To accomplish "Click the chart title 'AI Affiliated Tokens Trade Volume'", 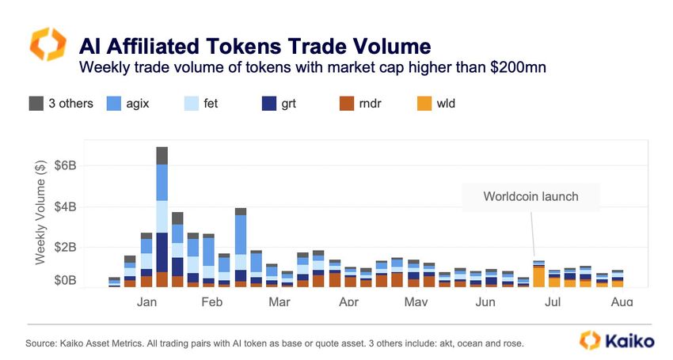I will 256,44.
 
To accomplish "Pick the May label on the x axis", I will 416,301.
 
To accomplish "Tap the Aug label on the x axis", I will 622,301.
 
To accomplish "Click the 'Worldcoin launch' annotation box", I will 531,197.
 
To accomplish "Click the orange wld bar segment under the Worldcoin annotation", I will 538,276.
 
